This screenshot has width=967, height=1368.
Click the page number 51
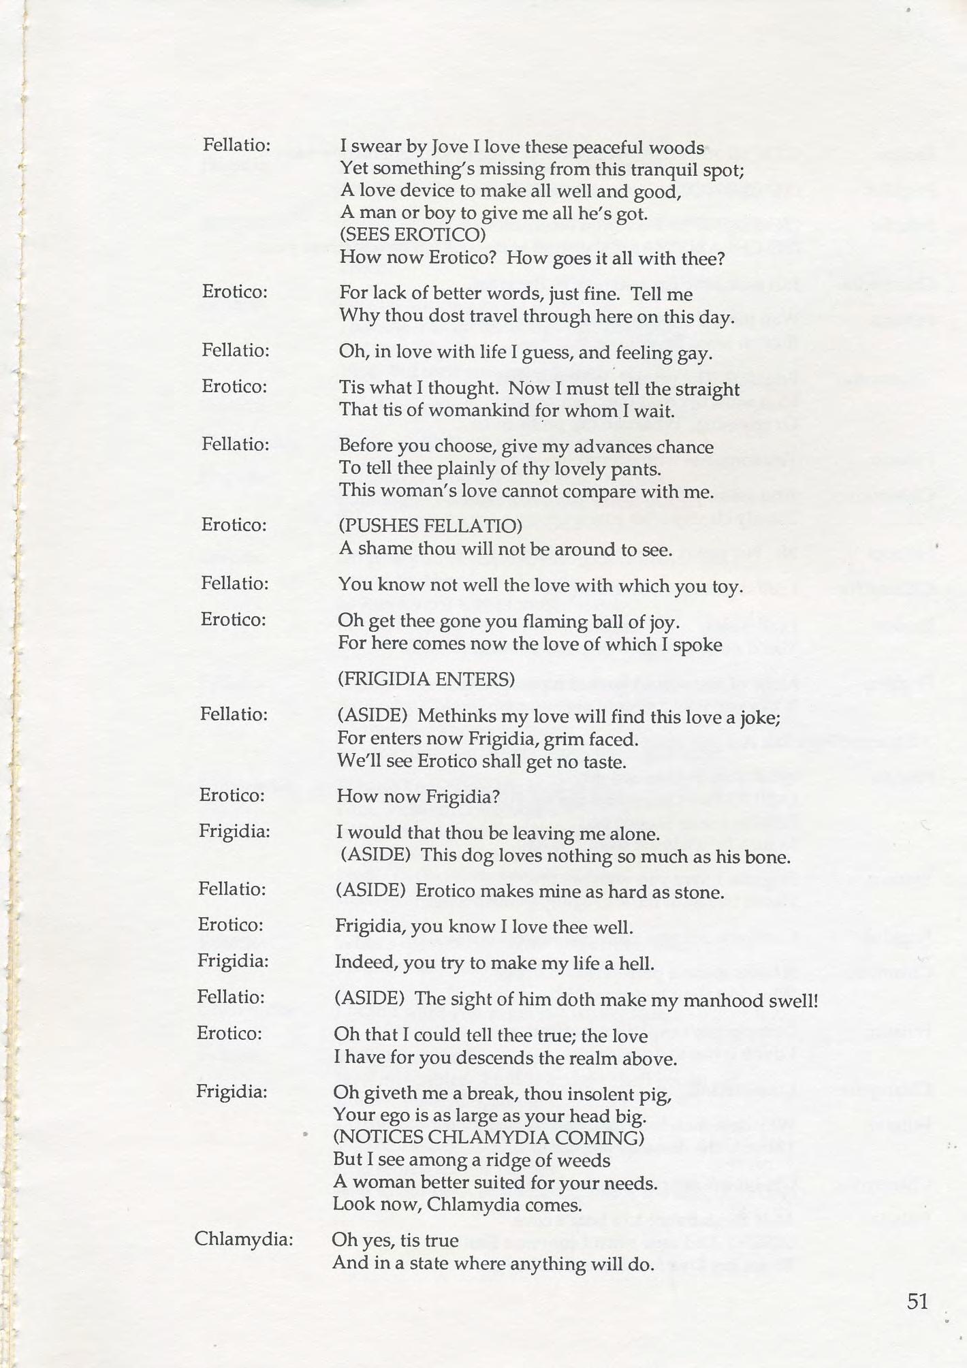[917, 1301]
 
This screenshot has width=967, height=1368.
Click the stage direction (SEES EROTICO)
[413, 235]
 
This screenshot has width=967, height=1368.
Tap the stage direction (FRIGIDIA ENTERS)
[426, 679]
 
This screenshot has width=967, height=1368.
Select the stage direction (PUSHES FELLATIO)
[430, 526]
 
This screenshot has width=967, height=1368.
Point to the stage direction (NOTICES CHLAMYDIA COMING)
[488, 1138]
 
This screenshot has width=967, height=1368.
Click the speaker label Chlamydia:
[243, 1239]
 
